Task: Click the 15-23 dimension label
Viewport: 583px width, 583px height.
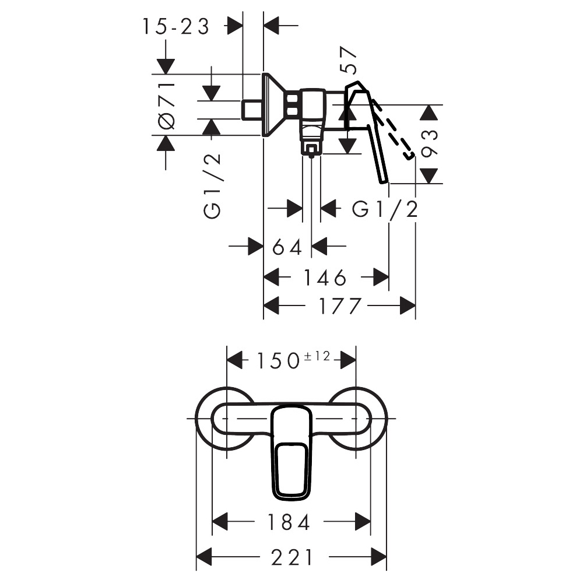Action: point(176,26)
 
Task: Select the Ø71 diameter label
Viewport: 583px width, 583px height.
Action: point(167,106)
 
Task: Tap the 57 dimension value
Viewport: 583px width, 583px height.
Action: point(349,60)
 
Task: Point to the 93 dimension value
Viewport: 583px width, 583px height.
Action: point(430,143)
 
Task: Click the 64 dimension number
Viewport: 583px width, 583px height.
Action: point(287,247)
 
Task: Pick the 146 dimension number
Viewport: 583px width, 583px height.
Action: point(325,278)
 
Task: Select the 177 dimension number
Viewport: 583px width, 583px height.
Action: point(340,306)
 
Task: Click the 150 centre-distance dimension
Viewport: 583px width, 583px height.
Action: point(278,361)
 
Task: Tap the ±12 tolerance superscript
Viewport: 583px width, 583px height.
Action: point(317,356)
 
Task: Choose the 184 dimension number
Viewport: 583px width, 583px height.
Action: point(289,522)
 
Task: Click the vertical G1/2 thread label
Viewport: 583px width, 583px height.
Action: point(212,185)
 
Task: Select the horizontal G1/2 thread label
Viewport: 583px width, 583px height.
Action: point(385,209)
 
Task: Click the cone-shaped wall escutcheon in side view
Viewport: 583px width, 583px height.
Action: point(273,105)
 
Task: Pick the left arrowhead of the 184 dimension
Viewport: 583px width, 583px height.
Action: point(220,522)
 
